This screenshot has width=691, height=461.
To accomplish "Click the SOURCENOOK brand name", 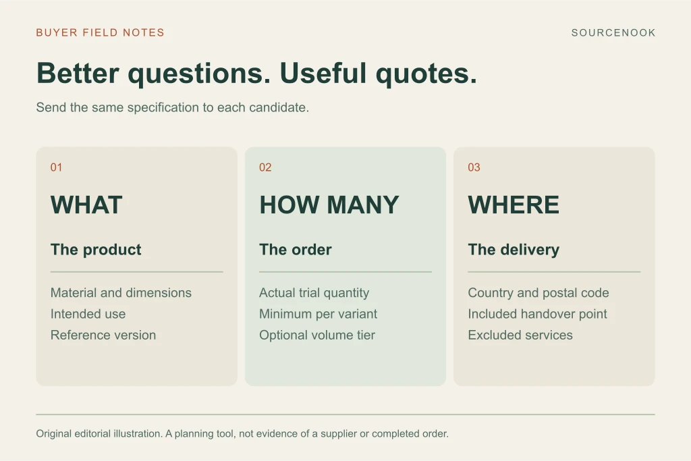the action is coord(613,32).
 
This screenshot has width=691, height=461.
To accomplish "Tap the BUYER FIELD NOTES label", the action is coord(100,32).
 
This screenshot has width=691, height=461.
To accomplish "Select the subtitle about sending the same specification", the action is coord(172,107).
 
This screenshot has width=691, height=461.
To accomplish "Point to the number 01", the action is coord(56,167).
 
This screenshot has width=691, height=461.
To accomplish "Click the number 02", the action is coord(265,167).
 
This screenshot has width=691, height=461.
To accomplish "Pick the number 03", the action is coord(474,167).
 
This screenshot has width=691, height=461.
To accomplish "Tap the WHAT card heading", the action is coord(86,205).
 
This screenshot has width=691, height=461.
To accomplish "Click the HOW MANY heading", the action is coord(329,205).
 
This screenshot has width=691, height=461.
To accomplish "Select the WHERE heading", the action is coord(514,205).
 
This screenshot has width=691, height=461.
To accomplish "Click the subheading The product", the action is coord(96,250).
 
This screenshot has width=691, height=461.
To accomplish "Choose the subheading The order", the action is coord(296,250).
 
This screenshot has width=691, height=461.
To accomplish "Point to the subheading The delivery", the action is coord(514,250).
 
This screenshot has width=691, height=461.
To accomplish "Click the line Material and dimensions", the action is coord(121,293).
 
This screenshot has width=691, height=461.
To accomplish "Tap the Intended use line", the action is coord(88,314).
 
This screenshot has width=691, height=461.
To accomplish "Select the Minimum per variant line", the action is coord(319,314).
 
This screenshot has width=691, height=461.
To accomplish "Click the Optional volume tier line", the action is coord(317,335).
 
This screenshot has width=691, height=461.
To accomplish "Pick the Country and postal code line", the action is coord(538,293).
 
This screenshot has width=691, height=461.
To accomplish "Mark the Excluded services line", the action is coord(520,335).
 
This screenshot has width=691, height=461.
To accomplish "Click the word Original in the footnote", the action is coord(54,434).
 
